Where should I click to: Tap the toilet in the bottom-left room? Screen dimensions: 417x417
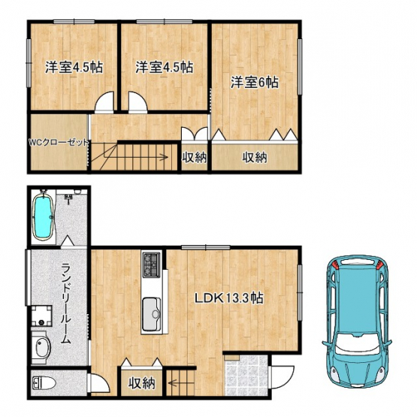point(44,383)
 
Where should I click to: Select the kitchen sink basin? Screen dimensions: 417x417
point(152,314)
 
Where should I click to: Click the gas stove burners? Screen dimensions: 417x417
point(151,264)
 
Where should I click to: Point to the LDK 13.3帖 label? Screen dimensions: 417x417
point(229,298)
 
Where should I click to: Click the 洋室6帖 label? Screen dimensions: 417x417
point(255,82)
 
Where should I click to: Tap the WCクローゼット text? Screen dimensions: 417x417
point(59,143)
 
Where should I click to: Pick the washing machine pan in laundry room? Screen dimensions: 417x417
point(41,316)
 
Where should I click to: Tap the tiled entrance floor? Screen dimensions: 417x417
point(246,375)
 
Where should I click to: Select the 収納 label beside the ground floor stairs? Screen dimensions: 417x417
point(141,383)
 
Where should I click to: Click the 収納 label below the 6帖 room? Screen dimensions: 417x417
point(255,158)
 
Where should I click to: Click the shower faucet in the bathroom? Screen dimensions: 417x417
point(69,198)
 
